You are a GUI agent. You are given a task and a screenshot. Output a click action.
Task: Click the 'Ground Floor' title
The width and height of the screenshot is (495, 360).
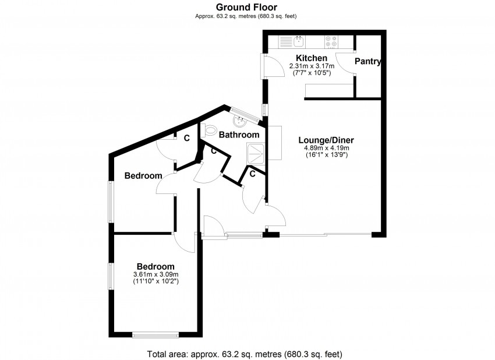[246, 7]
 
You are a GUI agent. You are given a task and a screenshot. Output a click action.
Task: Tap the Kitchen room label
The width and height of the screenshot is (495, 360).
[312, 58]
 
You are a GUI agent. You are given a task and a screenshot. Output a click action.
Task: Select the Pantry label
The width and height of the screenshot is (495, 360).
[368, 61]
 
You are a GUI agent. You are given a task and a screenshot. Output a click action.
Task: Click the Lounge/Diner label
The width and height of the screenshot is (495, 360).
[326, 140]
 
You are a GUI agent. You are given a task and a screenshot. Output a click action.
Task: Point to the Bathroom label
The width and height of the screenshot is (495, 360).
[239, 135]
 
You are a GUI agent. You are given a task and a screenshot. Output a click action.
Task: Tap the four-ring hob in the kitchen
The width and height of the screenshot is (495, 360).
[331, 41]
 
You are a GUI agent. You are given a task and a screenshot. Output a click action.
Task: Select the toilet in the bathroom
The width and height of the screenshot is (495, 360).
[210, 130]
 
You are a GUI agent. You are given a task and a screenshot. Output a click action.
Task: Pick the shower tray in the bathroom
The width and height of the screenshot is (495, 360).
[255, 154]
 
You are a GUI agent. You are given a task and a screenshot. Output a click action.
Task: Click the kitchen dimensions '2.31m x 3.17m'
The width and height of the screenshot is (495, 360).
[312, 66]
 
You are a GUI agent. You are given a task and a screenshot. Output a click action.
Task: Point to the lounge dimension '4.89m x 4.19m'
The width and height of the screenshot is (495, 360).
[326, 148]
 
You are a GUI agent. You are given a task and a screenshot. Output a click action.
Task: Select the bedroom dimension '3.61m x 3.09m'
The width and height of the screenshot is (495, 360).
[155, 274]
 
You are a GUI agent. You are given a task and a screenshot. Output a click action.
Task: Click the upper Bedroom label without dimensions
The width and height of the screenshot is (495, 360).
[143, 175]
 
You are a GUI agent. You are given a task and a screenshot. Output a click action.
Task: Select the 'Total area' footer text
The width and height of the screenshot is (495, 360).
[248, 353]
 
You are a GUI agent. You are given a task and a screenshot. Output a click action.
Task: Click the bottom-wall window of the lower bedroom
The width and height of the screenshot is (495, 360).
[155, 334]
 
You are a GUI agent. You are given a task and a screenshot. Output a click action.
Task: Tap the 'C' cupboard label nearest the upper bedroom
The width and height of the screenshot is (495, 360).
[186, 139]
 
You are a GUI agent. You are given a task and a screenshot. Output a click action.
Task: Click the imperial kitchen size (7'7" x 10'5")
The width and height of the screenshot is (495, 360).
[312, 73]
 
